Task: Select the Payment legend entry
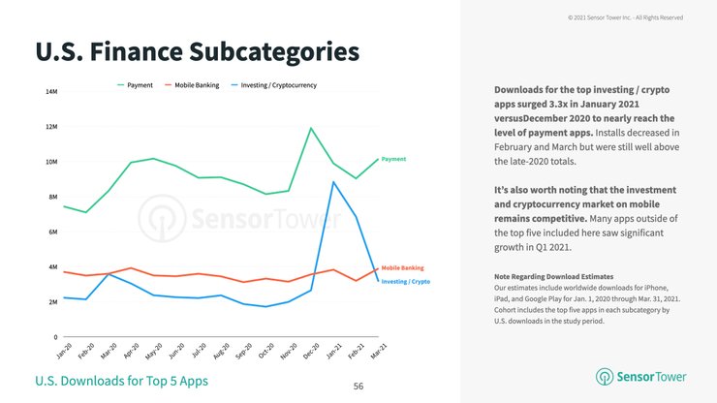point(140,85)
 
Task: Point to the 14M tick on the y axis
point(50,92)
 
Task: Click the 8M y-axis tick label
point(51,198)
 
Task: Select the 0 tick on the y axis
point(54,337)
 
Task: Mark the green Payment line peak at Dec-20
point(310,128)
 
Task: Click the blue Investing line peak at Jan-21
point(333,182)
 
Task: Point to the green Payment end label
point(393,159)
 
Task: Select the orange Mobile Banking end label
point(402,267)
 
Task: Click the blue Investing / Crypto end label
point(406,281)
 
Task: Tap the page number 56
point(358,386)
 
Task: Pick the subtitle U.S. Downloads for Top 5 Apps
point(121,380)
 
